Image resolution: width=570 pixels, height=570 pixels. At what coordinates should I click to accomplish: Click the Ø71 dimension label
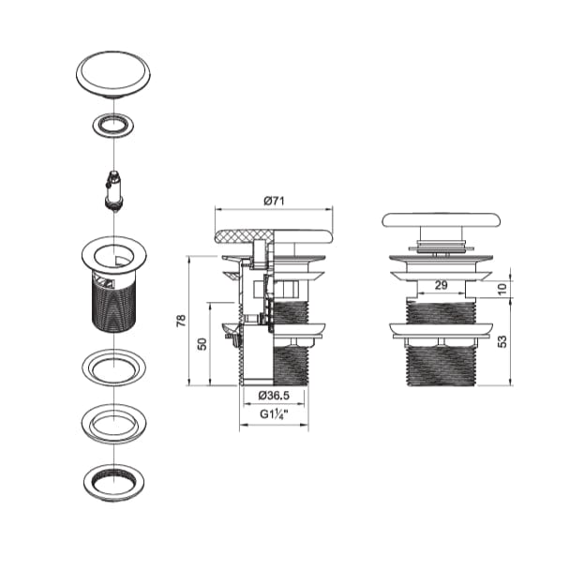(273, 201)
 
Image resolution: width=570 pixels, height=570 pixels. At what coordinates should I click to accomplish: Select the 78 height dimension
(181, 320)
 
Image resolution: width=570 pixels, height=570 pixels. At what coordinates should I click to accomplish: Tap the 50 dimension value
(201, 344)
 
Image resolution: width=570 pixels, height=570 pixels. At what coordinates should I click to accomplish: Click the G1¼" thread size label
(273, 413)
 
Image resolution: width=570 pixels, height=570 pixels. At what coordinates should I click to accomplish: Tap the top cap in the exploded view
(112, 76)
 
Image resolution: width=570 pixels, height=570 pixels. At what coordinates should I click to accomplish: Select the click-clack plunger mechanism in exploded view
(112, 187)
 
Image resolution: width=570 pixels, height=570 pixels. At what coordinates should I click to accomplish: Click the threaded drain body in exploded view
(112, 305)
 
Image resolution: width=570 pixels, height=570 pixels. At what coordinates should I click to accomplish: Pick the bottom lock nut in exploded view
(112, 482)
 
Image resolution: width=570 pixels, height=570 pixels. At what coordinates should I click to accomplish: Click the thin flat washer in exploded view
(112, 365)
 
